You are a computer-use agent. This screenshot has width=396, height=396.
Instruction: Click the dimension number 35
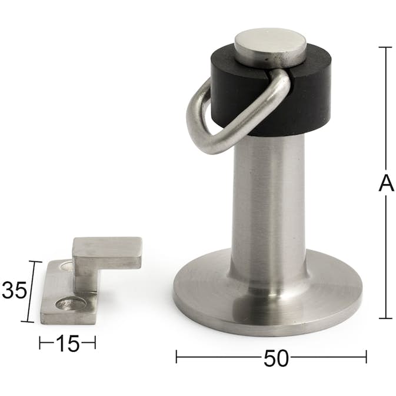(x=14, y=291)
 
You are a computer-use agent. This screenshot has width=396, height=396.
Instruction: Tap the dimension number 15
(x=68, y=343)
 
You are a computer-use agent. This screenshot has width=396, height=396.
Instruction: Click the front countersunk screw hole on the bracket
(x=70, y=304)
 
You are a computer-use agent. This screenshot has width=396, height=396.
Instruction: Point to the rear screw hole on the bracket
(x=66, y=267)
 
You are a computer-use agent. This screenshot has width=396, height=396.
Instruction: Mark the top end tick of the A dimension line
(x=385, y=47)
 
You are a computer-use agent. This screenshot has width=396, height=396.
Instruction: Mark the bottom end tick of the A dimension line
(x=385, y=318)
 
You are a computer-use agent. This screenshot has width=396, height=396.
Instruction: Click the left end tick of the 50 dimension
(x=177, y=356)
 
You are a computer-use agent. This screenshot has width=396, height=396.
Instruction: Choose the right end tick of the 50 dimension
(x=366, y=356)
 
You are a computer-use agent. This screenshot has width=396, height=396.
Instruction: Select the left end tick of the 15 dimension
(x=40, y=342)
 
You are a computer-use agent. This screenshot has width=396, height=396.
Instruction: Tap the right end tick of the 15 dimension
(x=95, y=342)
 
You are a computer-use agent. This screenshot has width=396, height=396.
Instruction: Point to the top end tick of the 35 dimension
(x=35, y=262)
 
